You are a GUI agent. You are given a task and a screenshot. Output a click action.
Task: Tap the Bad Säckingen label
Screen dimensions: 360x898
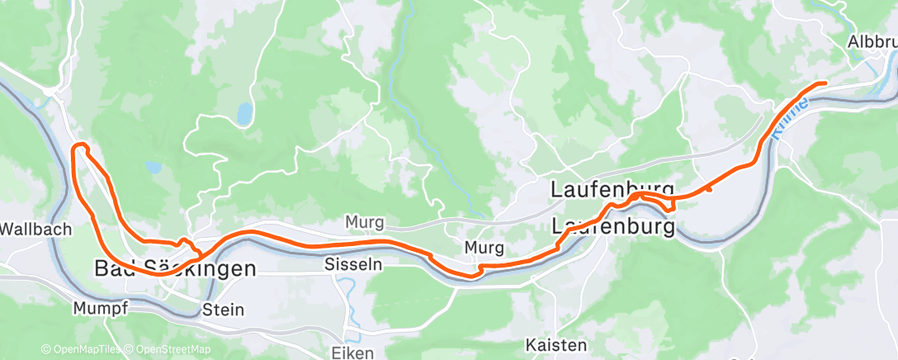[175, 269]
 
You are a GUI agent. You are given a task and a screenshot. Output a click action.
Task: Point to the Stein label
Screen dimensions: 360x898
[223, 310]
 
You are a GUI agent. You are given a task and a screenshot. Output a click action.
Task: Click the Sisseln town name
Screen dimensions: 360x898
[354, 265]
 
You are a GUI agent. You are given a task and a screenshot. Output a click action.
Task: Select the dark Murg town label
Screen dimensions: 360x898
[484, 247]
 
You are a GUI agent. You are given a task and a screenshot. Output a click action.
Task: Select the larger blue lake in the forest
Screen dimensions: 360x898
[243, 115]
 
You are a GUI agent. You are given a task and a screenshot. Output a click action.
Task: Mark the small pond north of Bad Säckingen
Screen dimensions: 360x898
[154, 167]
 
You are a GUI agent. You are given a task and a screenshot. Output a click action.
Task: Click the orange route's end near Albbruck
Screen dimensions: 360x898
[824, 83]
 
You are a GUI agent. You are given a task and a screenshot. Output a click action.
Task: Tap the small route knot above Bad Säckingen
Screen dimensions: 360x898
[187, 244]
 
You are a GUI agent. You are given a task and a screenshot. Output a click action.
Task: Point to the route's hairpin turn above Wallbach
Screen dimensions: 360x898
[80, 148]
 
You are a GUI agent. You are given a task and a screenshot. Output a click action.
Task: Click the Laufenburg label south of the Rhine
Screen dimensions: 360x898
[613, 225]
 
